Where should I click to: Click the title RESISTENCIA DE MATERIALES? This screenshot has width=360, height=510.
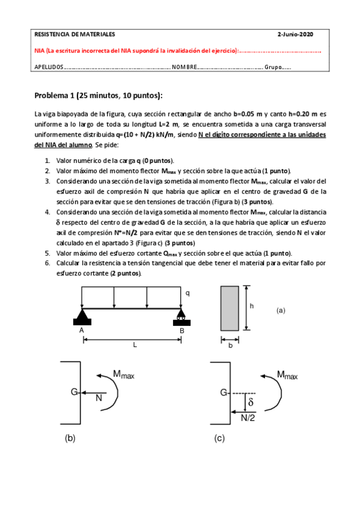coord(75,34)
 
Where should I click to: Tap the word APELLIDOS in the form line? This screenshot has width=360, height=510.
coord(49,67)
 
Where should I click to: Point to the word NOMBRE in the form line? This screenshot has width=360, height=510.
coord(184,67)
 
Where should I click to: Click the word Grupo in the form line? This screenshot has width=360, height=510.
coord(272,67)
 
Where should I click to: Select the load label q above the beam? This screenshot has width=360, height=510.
coord(187,293)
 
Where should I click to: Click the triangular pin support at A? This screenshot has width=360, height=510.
coord(82,318)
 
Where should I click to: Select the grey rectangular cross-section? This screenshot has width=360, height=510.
coord(229,308)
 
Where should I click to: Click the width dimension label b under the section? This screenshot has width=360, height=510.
coord(229,345)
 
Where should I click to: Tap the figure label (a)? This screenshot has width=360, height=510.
coord(281,310)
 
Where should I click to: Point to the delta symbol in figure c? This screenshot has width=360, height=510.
coord(251,401)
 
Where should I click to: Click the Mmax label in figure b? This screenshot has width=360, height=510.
coord(124,375)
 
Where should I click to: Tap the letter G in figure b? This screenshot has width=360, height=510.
coord(74,392)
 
